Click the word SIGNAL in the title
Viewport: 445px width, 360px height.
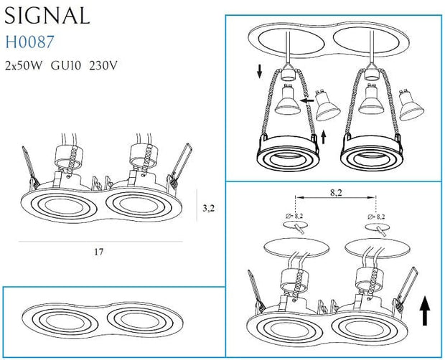(47, 15)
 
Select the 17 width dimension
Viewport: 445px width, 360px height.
(98, 252)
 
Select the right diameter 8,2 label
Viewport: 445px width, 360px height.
(376, 215)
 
